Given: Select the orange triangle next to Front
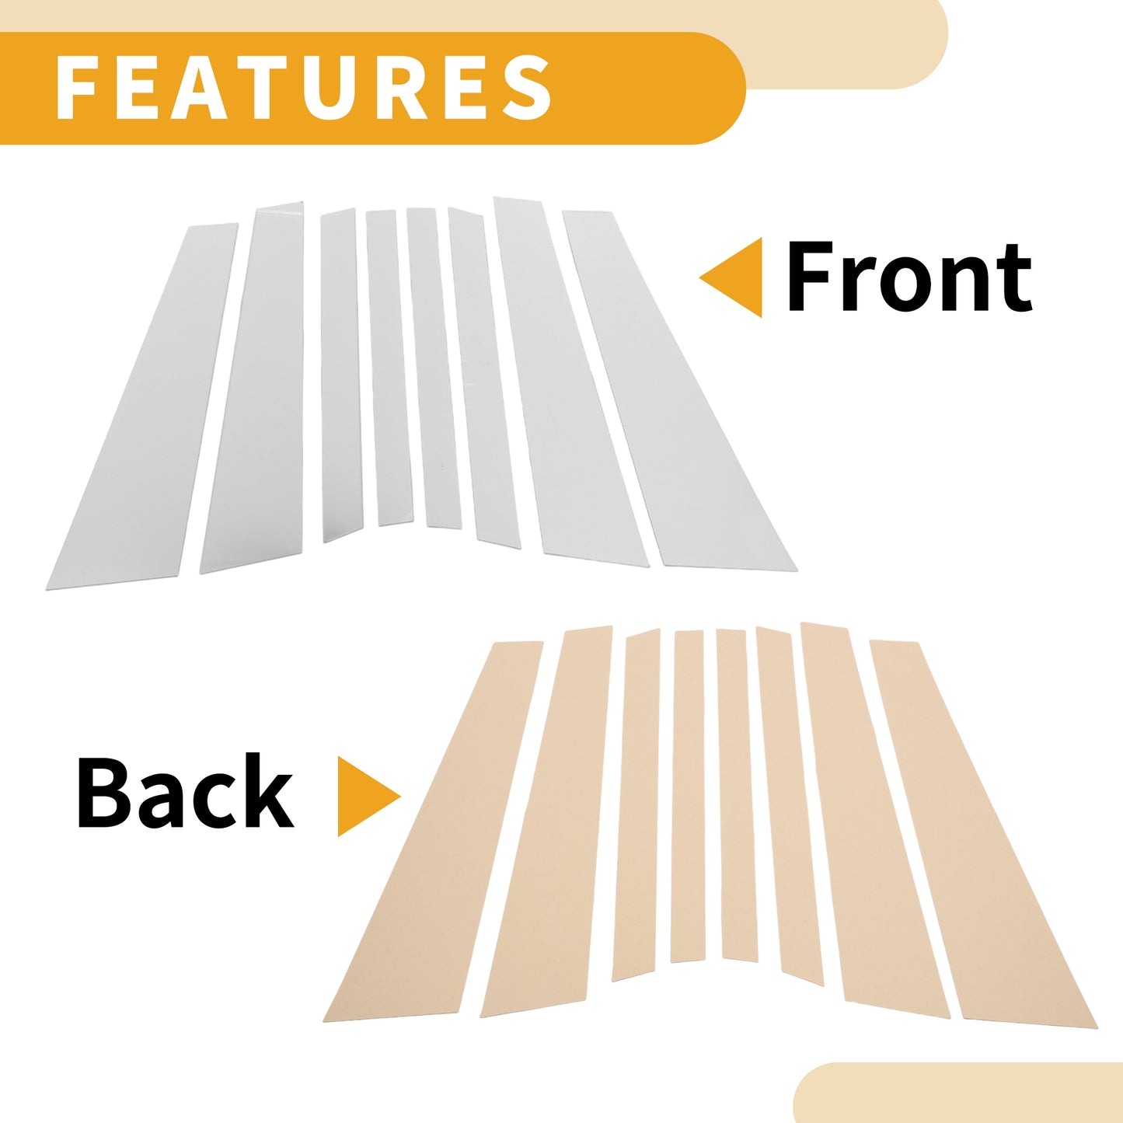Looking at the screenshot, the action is (731, 277).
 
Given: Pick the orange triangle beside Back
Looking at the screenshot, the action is (369, 797).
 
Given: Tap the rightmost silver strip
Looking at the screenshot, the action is (679, 389).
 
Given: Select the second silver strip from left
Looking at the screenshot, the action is (252, 388).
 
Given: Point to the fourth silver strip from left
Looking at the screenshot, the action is (389, 368).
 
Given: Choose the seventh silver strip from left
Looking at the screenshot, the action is (570, 378).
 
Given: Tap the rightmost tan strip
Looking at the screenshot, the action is (983, 833).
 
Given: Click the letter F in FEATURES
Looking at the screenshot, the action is (76, 87).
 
